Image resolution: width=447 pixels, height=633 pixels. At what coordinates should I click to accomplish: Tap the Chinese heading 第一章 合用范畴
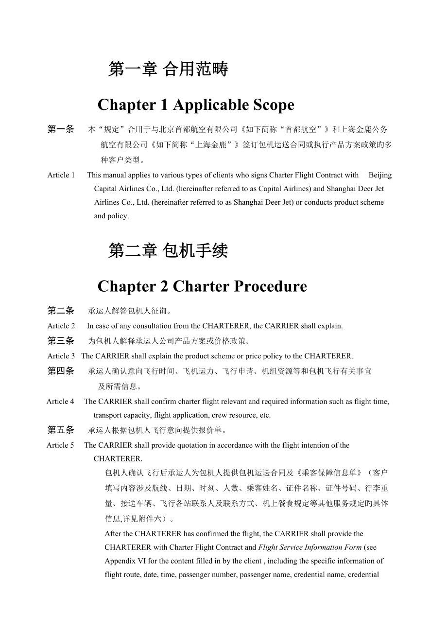tap(168, 69)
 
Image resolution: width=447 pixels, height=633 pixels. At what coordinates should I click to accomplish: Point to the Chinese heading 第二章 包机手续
tap(168, 251)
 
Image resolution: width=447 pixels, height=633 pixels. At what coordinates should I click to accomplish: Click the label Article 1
tap(61, 175)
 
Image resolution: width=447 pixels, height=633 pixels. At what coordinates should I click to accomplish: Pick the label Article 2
tap(61, 326)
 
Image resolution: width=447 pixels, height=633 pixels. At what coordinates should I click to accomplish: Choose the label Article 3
tap(61, 356)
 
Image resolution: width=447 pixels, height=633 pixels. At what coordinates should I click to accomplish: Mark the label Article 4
tap(60, 402)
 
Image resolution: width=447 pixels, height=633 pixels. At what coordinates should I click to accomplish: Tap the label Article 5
tap(60, 445)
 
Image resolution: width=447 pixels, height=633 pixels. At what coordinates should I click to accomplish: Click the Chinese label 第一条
tap(61, 129)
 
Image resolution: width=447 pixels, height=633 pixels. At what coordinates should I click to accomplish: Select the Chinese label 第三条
tap(61, 341)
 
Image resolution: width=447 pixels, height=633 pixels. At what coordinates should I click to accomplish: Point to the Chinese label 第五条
tap(61, 430)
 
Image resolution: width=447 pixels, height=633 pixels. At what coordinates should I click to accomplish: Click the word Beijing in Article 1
tap(380, 175)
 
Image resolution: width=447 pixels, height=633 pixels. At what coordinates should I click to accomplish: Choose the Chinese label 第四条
tap(61, 371)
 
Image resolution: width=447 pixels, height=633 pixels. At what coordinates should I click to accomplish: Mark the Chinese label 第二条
tap(61, 311)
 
